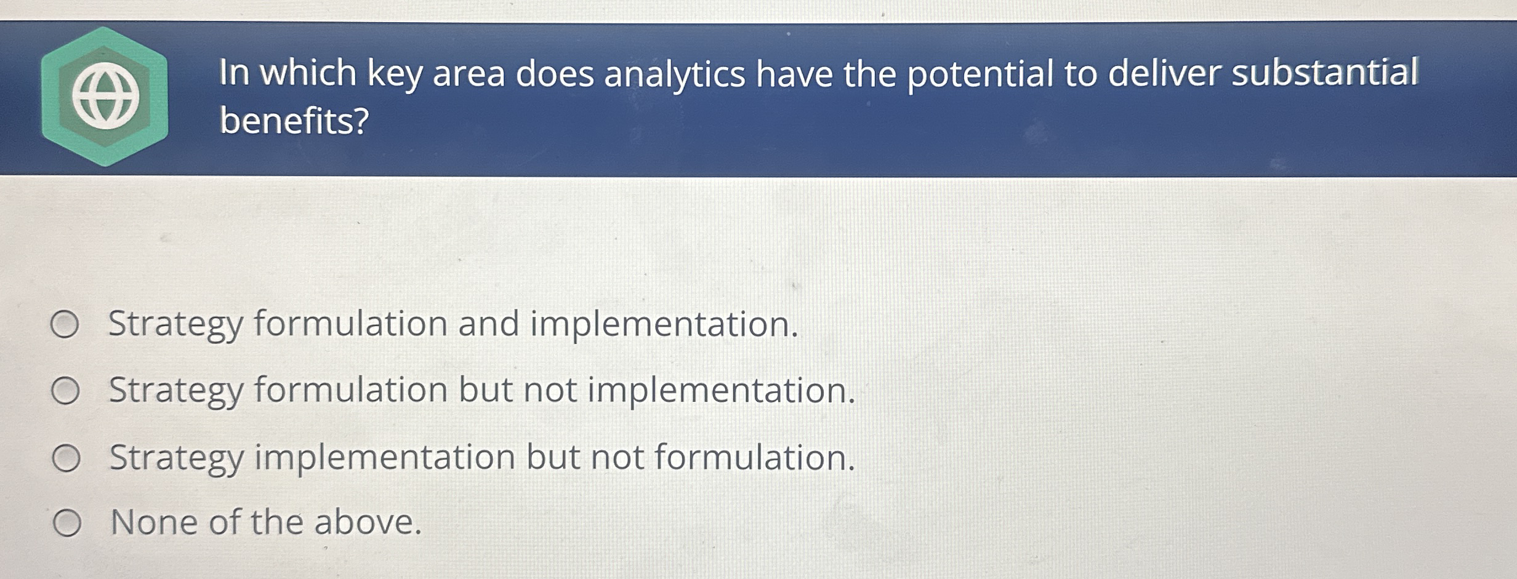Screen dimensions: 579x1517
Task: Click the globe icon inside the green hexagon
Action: point(105,97)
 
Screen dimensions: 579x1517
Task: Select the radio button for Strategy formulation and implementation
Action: point(65,325)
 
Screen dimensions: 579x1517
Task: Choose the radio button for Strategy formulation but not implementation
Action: point(65,391)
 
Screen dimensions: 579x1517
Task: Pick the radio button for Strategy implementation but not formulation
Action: point(66,459)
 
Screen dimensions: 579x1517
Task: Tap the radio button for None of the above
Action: point(66,524)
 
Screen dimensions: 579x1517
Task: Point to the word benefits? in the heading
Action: point(294,121)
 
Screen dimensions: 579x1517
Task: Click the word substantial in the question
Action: point(1324,73)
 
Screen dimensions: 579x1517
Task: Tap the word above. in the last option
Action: point(368,522)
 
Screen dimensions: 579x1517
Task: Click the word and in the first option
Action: point(488,324)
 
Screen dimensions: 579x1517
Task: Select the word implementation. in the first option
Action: point(664,324)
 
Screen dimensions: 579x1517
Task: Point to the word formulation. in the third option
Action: point(755,458)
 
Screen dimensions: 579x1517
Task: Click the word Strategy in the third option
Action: point(176,459)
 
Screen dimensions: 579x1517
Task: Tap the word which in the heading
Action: point(308,73)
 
